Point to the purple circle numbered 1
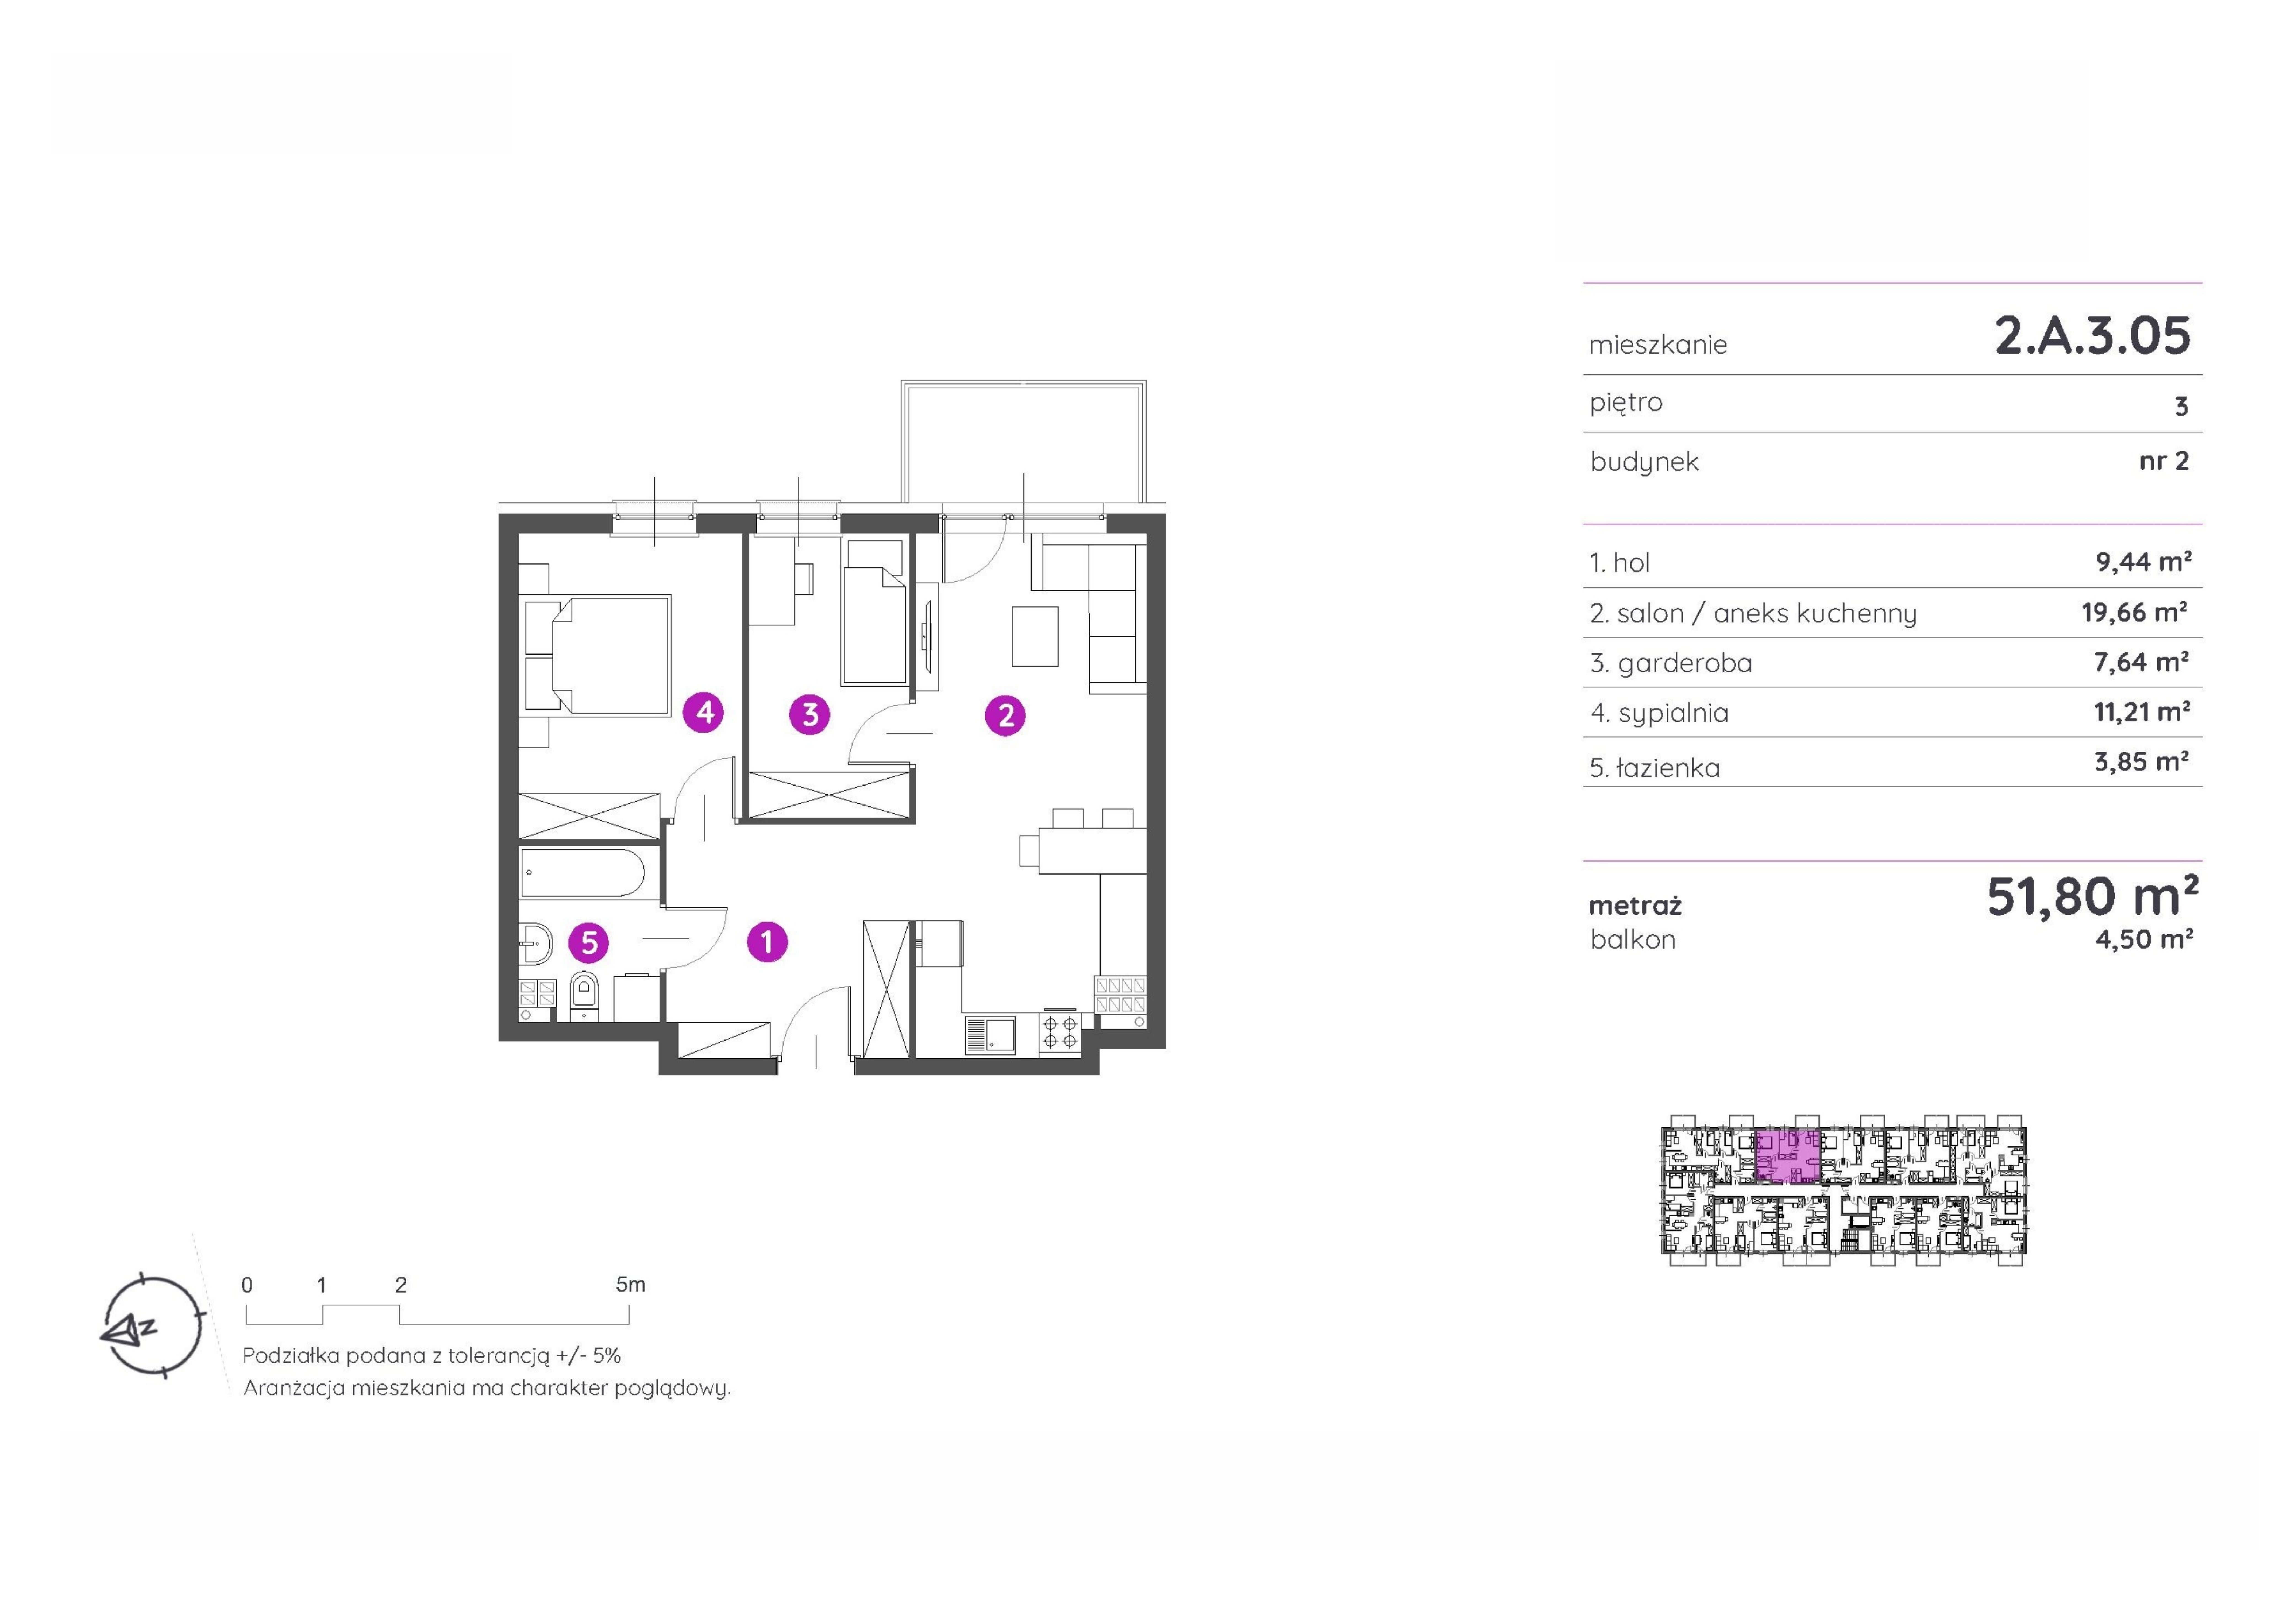(x=767, y=941)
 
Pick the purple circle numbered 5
(x=588, y=942)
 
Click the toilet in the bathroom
(x=585, y=995)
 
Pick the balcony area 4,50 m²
(x=2143, y=939)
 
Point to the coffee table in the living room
(x=1035, y=635)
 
